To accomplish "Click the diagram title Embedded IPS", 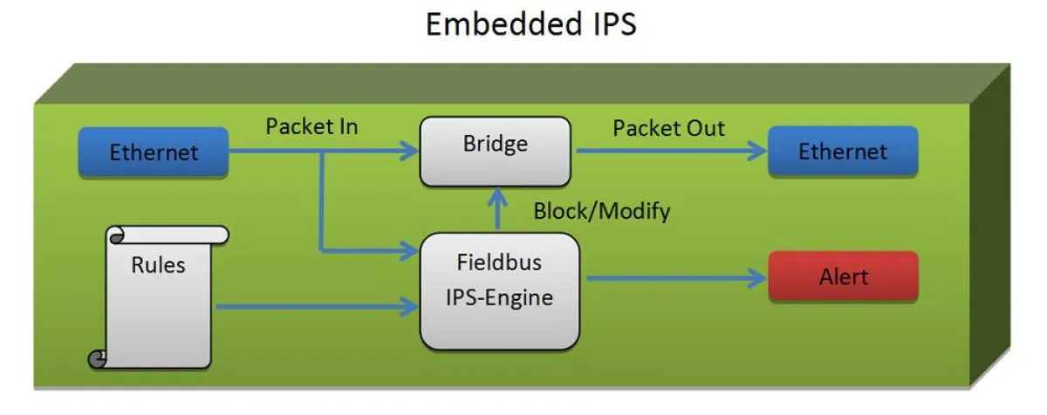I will (530, 25).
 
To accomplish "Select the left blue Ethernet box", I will (154, 153).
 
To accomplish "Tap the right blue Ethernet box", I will (843, 152).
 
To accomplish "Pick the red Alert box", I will (843, 277).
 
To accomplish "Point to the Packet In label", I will (311, 127).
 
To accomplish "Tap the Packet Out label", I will (668, 128).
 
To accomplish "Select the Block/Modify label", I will (602, 211).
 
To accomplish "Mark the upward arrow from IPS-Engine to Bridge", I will (496, 210).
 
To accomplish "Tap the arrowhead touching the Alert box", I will (757, 278).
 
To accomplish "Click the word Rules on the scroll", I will (158, 264).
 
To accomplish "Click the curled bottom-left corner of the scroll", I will (97, 357).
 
